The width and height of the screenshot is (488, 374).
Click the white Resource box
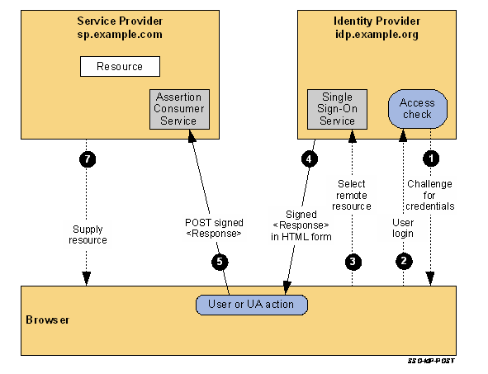coord(120,66)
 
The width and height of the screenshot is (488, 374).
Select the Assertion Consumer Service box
coord(179,108)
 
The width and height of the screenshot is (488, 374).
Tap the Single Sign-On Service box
coord(337,108)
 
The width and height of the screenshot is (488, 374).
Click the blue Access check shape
coord(417,108)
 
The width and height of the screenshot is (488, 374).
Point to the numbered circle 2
coord(404,262)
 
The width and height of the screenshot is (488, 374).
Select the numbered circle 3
coord(353,262)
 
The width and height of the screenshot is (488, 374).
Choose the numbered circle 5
coord(220,262)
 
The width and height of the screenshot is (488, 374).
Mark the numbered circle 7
coord(84,157)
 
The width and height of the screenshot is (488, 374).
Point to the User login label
coord(403,227)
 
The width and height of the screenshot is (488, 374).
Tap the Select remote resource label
coord(353,194)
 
